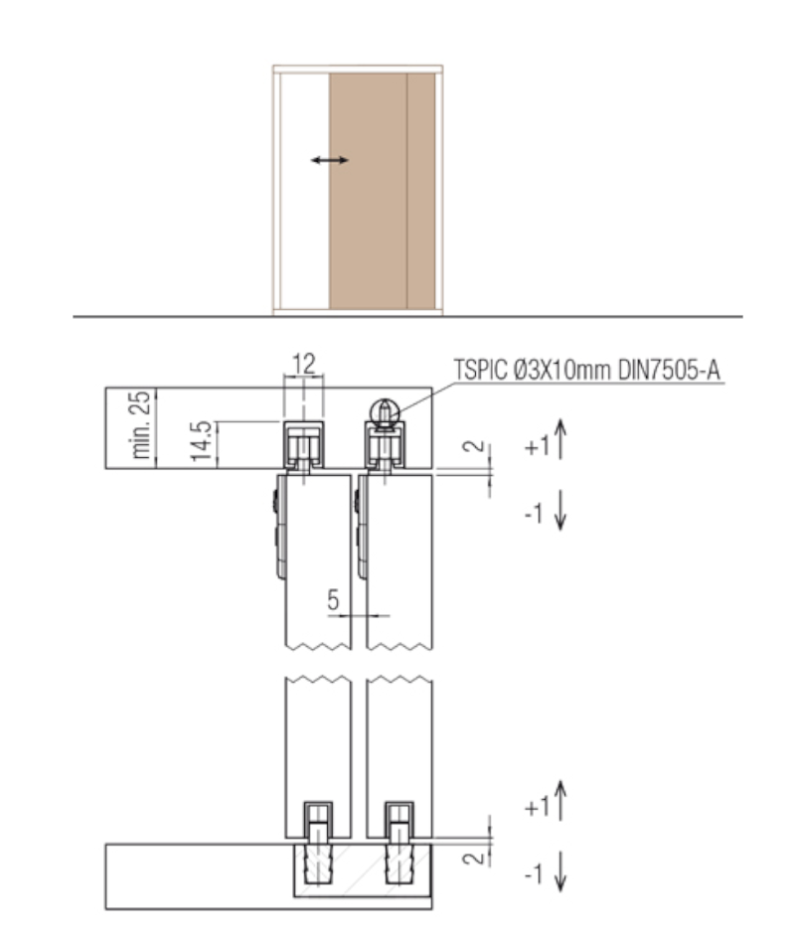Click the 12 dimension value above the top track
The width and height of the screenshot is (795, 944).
[303, 364]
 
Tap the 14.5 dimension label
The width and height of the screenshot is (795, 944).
[203, 441]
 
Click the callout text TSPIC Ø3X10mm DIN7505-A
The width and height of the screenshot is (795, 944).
[587, 370]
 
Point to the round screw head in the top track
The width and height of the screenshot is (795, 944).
[385, 411]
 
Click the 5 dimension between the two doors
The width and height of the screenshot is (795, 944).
[333, 599]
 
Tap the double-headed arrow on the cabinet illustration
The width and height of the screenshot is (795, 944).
[330, 160]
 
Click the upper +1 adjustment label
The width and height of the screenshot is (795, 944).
[538, 447]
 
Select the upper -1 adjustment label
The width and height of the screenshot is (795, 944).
[534, 514]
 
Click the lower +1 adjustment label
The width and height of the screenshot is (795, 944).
[538, 807]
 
